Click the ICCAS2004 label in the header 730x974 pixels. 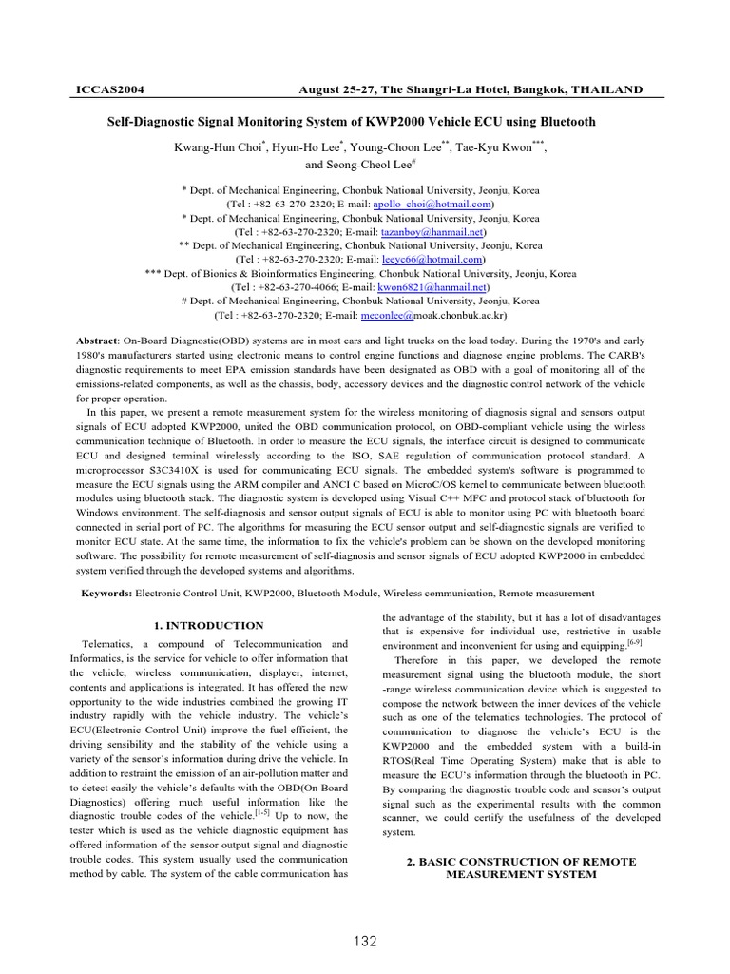(x=108, y=89)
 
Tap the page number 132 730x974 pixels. (x=363, y=942)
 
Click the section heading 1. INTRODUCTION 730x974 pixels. (x=208, y=625)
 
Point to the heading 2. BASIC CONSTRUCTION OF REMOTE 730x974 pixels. (x=521, y=861)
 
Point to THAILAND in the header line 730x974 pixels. (x=607, y=89)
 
